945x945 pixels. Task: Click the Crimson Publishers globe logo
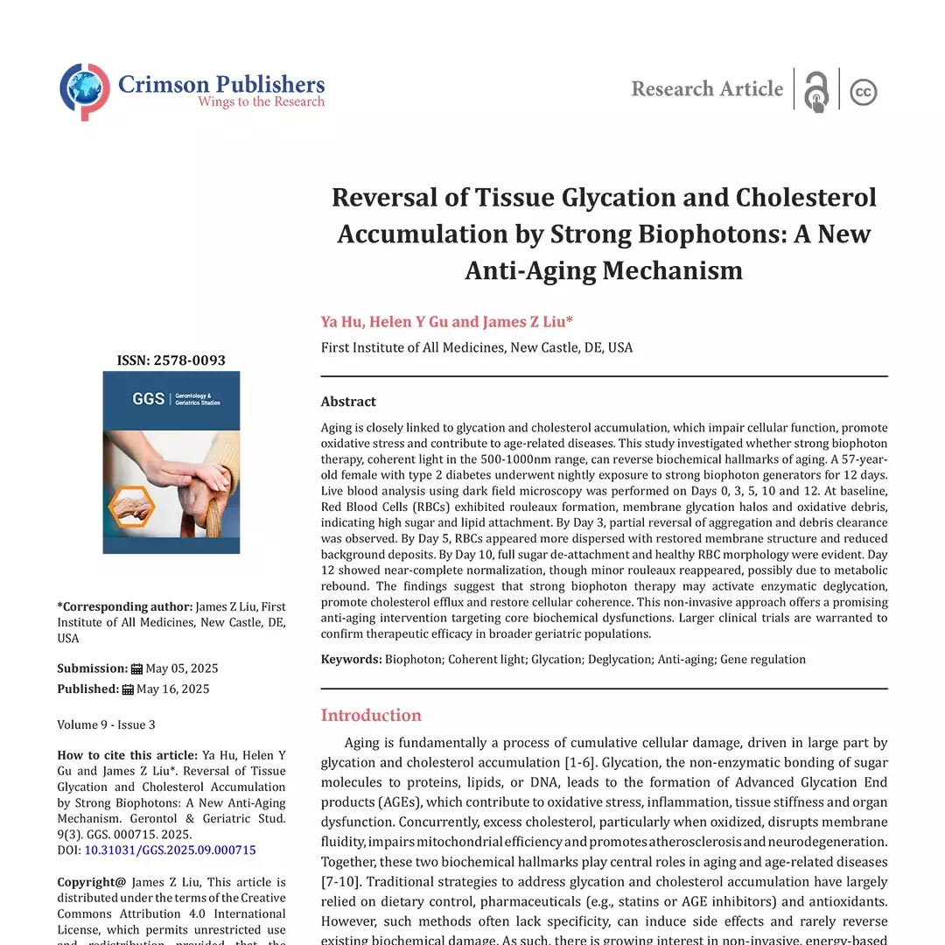pyautogui.click(x=85, y=90)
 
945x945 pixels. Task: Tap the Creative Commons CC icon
pyautogui.click(x=863, y=92)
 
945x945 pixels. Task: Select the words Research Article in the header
pyautogui.click(x=707, y=89)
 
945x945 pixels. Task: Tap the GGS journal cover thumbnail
pyautogui.click(x=171, y=462)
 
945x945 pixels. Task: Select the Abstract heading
pyautogui.click(x=348, y=402)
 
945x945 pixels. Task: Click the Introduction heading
pyautogui.click(x=371, y=715)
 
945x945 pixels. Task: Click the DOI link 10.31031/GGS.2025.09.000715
pyautogui.click(x=170, y=850)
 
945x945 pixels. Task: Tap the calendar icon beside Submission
pyautogui.click(x=136, y=668)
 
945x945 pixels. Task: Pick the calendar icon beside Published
pyautogui.click(x=128, y=689)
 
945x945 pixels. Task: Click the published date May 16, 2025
pyautogui.click(x=173, y=689)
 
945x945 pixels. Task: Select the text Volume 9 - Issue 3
pyautogui.click(x=106, y=724)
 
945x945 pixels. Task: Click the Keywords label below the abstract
pyautogui.click(x=351, y=659)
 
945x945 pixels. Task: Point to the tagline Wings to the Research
pyautogui.click(x=261, y=101)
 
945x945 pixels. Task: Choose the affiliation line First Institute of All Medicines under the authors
pyautogui.click(x=477, y=347)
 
